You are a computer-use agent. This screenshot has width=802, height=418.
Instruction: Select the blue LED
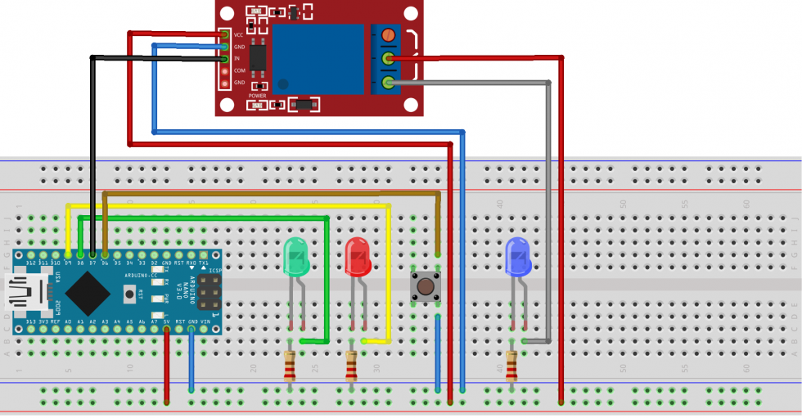[518, 257]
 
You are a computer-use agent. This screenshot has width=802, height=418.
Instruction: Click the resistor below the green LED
[290, 366]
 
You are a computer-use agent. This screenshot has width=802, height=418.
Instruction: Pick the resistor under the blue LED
[511, 366]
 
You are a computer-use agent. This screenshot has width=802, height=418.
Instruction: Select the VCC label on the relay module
[239, 35]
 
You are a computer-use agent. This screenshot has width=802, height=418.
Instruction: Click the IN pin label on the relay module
[237, 59]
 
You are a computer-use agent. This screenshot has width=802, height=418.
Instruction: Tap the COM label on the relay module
[239, 70]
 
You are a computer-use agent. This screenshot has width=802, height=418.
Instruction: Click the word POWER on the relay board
[257, 96]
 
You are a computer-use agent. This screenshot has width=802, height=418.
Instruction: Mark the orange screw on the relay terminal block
[389, 36]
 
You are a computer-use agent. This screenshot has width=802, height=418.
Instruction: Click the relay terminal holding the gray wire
[389, 82]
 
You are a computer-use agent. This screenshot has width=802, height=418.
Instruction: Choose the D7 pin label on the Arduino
[92, 263]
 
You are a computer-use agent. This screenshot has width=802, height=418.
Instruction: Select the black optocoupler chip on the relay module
[259, 56]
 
